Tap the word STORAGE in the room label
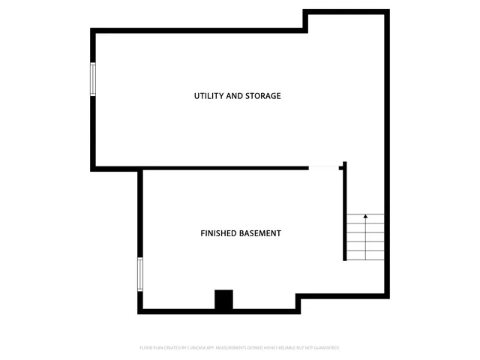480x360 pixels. (x=262, y=96)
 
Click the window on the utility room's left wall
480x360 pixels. (x=94, y=79)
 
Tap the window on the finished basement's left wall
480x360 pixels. (x=139, y=274)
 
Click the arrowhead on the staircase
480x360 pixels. (x=365, y=217)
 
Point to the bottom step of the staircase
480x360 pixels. (x=365, y=256)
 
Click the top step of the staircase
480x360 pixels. (x=365, y=218)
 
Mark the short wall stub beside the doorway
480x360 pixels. (x=342, y=167)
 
